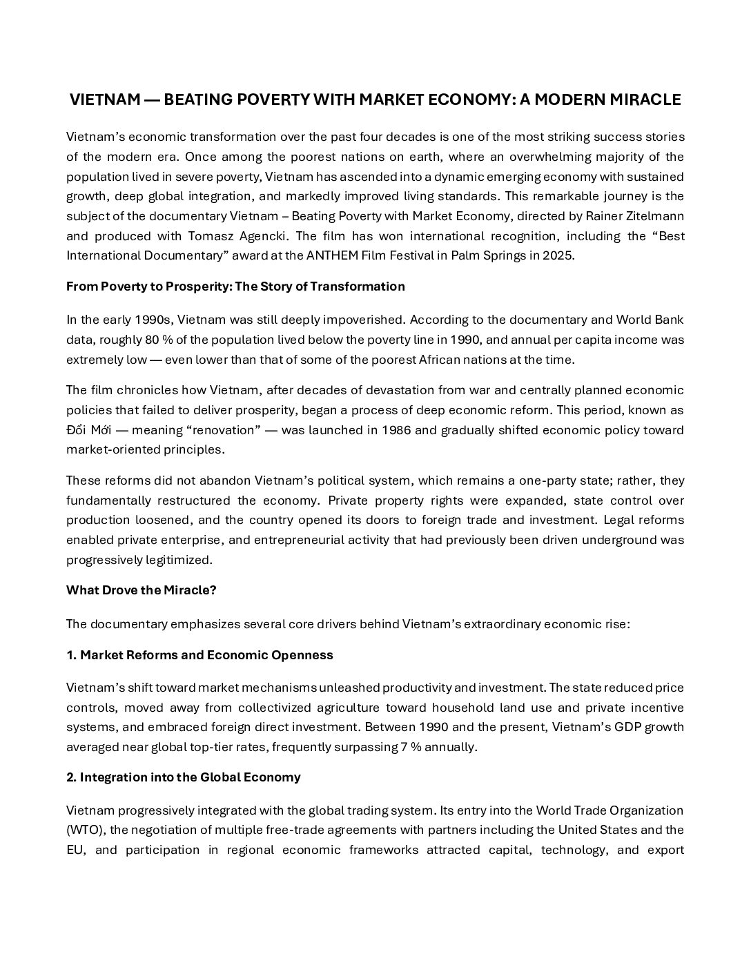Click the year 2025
(x=557, y=255)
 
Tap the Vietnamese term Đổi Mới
(x=89, y=430)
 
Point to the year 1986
(x=391, y=430)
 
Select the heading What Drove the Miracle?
(x=142, y=590)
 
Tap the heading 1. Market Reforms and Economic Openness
(x=199, y=655)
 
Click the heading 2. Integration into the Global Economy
(x=184, y=777)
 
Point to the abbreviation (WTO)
(x=84, y=830)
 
